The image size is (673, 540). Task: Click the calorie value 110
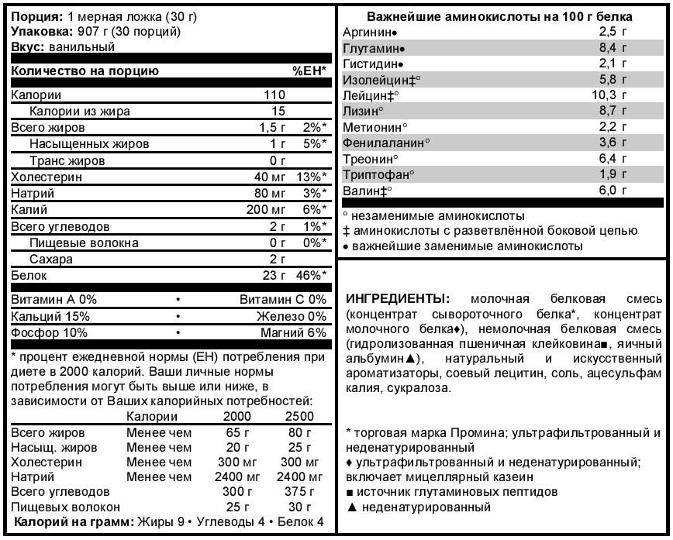tap(274, 95)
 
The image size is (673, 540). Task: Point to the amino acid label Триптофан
tap(378, 174)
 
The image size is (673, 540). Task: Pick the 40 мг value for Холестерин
tap(270, 177)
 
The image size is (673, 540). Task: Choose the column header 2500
tap(299, 417)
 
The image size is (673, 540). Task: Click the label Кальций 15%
tap(50, 316)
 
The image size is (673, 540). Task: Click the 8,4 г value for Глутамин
tap(613, 48)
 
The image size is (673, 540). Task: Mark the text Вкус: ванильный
tap(63, 46)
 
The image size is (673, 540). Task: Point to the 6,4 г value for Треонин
tap(613, 159)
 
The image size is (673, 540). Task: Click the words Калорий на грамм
tap(72, 521)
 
